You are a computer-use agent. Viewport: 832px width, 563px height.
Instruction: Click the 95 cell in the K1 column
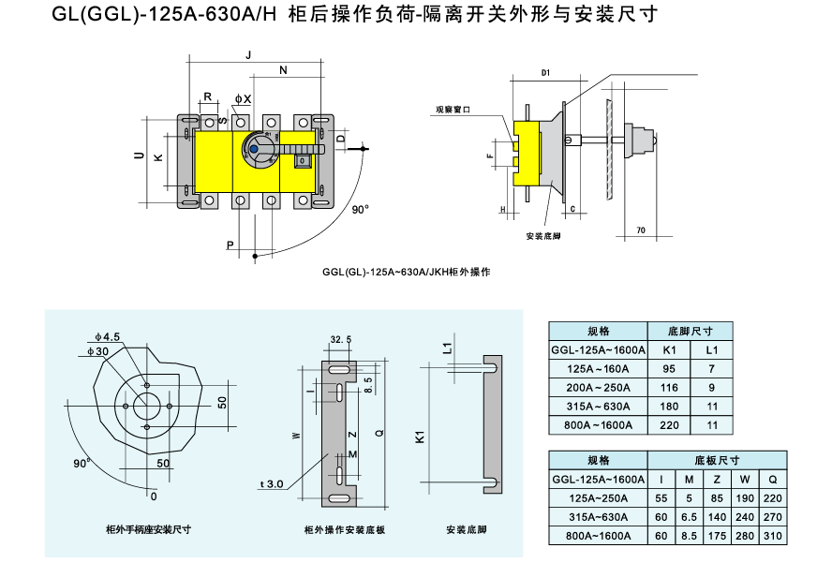point(669,368)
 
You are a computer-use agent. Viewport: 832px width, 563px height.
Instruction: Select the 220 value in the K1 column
point(669,424)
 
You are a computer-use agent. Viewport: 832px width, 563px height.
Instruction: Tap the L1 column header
point(712,349)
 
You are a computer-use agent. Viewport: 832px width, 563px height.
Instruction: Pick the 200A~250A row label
point(598,387)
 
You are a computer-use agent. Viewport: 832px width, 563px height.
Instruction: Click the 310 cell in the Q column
point(773,536)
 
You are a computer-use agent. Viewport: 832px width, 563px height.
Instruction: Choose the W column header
point(745,480)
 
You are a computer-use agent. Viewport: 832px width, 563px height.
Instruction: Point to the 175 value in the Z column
point(717,536)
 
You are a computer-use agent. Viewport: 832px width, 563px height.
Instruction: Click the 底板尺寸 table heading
point(717,461)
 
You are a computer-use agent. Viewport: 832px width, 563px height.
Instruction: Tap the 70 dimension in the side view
point(640,230)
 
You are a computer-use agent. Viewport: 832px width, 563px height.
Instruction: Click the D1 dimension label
point(545,73)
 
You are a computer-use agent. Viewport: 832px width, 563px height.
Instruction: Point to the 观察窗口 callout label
point(452,109)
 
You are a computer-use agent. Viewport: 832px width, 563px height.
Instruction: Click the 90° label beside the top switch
point(361,210)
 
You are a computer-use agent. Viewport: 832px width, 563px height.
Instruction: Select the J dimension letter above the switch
point(248,56)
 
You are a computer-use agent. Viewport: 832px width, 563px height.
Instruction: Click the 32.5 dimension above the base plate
point(341,339)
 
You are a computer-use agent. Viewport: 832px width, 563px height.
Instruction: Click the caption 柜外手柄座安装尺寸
point(149,529)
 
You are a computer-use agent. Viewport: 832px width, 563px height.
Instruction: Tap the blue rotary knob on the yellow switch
point(258,149)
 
